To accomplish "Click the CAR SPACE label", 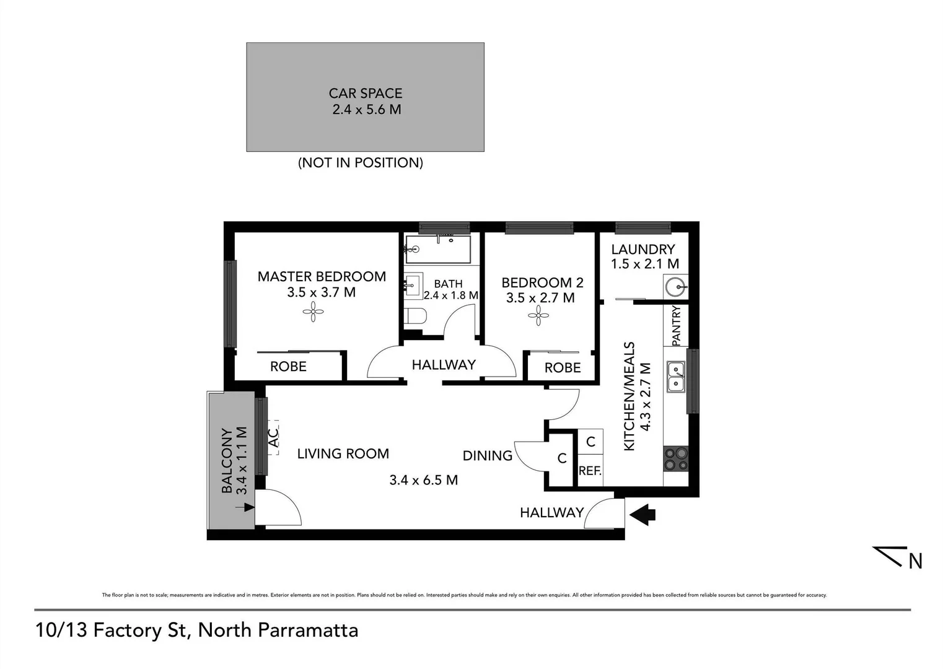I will click(x=365, y=94).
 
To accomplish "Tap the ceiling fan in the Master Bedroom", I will click(x=313, y=312).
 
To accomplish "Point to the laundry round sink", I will click(x=675, y=287).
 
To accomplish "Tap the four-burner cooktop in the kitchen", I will click(x=675, y=458).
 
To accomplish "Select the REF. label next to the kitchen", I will click(x=590, y=471).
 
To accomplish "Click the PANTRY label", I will click(x=676, y=325).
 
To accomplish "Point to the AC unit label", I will click(x=273, y=438).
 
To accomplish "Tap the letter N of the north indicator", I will click(x=915, y=561).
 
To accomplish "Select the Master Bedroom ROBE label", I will click(x=288, y=367).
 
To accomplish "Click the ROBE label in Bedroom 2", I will click(x=563, y=368).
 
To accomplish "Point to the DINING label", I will click(x=488, y=456).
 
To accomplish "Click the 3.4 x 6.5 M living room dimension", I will click(x=424, y=480).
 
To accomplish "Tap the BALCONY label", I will click(x=227, y=460).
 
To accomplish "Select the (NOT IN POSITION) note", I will click(x=361, y=163).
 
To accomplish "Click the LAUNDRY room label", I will click(x=643, y=250).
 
